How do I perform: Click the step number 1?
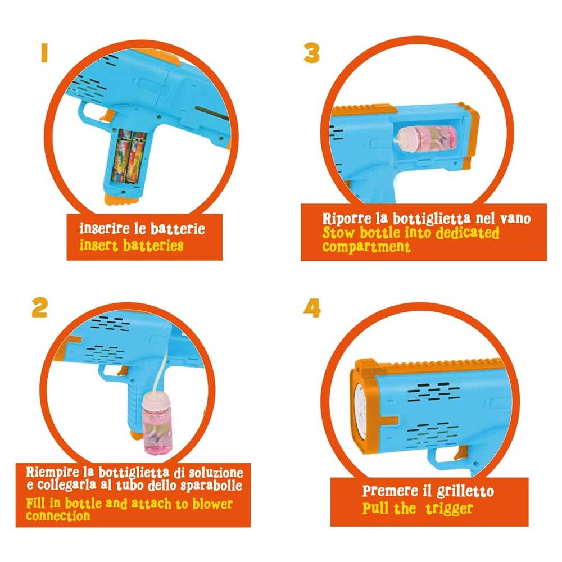pyautogui.click(x=44, y=53)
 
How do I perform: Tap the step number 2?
pyautogui.click(x=39, y=307)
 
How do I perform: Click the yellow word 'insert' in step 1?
pyautogui.click(x=98, y=246)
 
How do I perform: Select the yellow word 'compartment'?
pyautogui.click(x=366, y=247)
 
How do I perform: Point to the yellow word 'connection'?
pyautogui.click(x=58, y=516)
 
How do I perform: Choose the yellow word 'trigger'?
pyautogui.click(x=449, y=509)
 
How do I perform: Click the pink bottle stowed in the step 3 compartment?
pyautogui.click(x=427, y=138)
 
